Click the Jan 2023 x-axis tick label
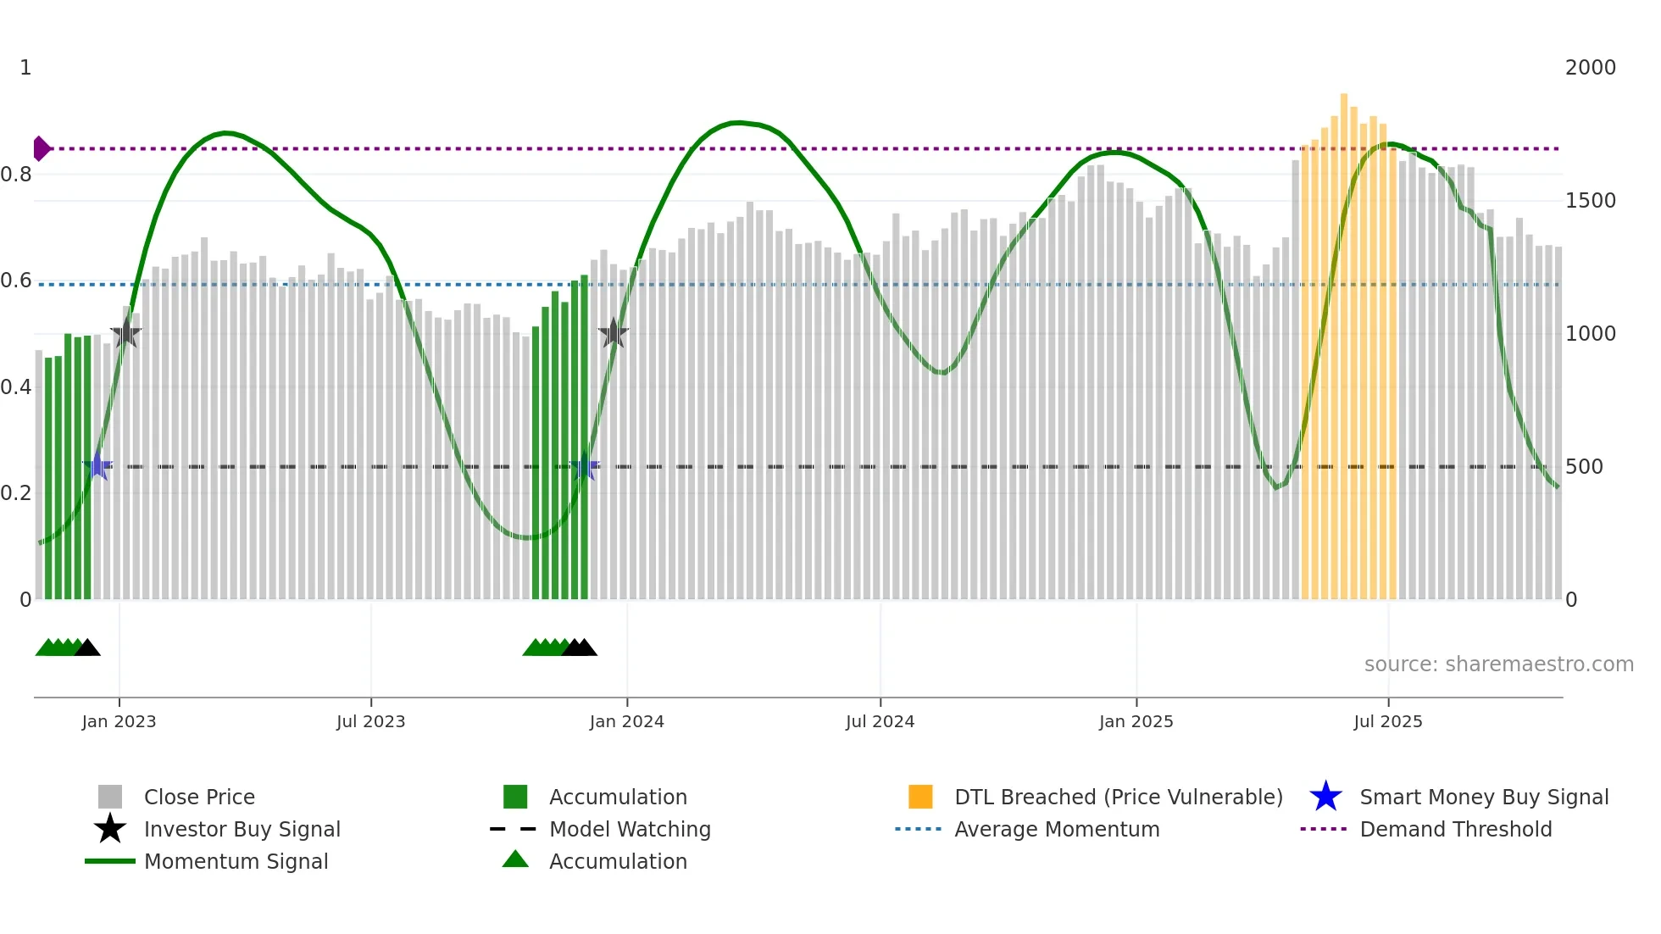point(119,721)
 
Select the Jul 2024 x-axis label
point(880,721)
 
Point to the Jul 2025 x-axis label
point(1387,721)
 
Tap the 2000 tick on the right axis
point(1590,68)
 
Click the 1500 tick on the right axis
point(1590,201)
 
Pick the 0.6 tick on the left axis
point(16,281)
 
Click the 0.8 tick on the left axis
point(16,175)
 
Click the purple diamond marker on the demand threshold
point(41,148)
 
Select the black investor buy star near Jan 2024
point(614,333)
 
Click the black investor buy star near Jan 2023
point(126,333)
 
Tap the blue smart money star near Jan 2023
point(97,465)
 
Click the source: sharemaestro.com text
point(1498,664)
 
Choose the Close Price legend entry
point(199,797)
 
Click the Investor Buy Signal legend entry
point(242,829)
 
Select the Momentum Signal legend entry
point(236,861)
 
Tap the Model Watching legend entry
point(630,829)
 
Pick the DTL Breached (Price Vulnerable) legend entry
point(1118,797)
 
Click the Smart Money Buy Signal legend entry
point(1484,797)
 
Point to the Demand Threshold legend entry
point(1455,829)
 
